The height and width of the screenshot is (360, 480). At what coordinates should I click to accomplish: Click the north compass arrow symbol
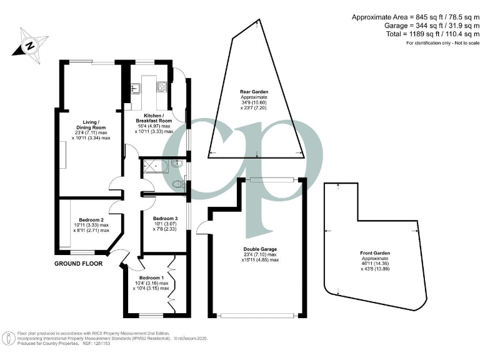(x=29, y=45)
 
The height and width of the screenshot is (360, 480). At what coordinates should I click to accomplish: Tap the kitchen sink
(x=135, y=87)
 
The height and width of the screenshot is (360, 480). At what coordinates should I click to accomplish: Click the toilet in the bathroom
(x=177, y=184)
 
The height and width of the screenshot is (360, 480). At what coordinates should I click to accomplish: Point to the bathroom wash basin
(x=177, y=164)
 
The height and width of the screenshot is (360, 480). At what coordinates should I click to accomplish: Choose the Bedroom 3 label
(x=165, y=219)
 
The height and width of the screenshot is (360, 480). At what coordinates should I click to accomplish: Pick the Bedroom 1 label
(x=151, y=277)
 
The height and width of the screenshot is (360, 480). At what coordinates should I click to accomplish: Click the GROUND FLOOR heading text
(x=78, y=264)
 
